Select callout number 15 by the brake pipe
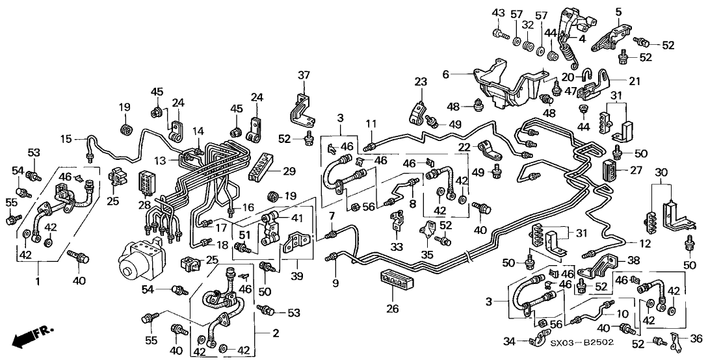point(65,138)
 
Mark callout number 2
point(276,333)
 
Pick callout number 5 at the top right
point(619,11)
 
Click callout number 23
point(420,82)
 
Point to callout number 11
point(370,123)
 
